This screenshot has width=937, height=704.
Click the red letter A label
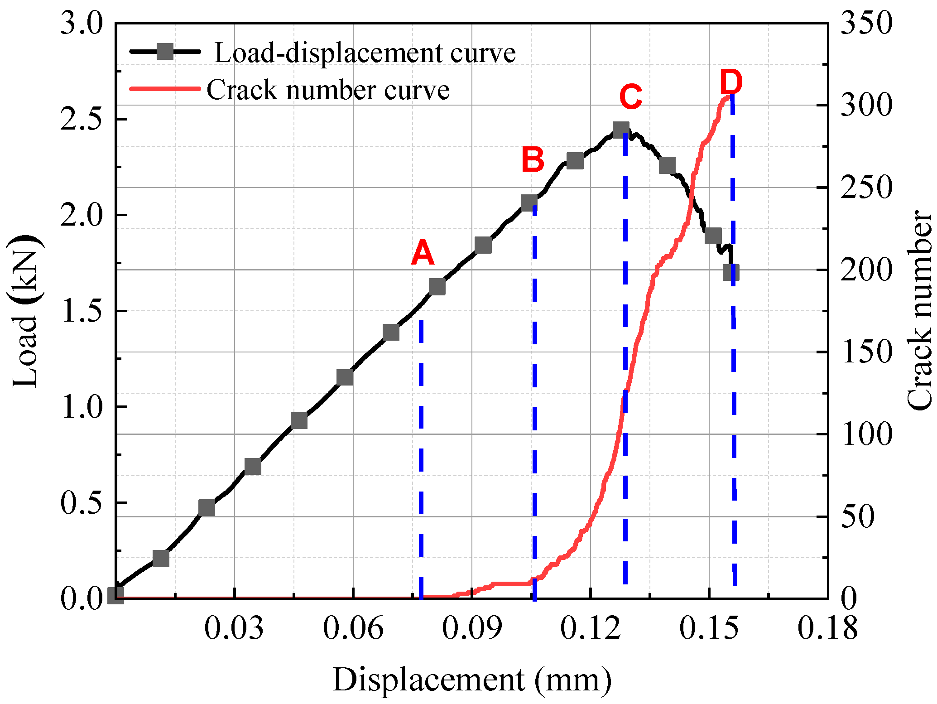[x=423, y=253]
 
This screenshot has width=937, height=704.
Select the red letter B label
[x=533, y=160]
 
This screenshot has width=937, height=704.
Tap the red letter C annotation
[x=630, y=97]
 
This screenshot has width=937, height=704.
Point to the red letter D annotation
[x=731, y=82]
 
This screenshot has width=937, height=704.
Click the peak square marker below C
[x=621, y=130]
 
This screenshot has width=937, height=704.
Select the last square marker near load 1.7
[x=731, y=273]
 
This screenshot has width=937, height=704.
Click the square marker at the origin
[x=116, y=595]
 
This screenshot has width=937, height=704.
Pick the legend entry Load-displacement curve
[x=365, y=53]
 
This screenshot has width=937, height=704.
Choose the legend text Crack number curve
[x=328, y=90]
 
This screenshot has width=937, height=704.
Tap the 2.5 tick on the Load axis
[x=82, y=120]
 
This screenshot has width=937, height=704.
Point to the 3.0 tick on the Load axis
[x=82, y=24]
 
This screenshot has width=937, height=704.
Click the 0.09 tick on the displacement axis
[x=472, y=629]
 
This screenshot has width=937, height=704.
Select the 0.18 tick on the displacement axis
[x=827, y=629]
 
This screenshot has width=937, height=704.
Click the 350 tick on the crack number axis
[x=866, y=24]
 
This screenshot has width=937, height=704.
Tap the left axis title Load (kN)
[x=25, y=312]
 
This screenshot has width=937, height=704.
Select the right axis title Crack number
[x=919, y=311]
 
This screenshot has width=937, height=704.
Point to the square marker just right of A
[x=437, y=287]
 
